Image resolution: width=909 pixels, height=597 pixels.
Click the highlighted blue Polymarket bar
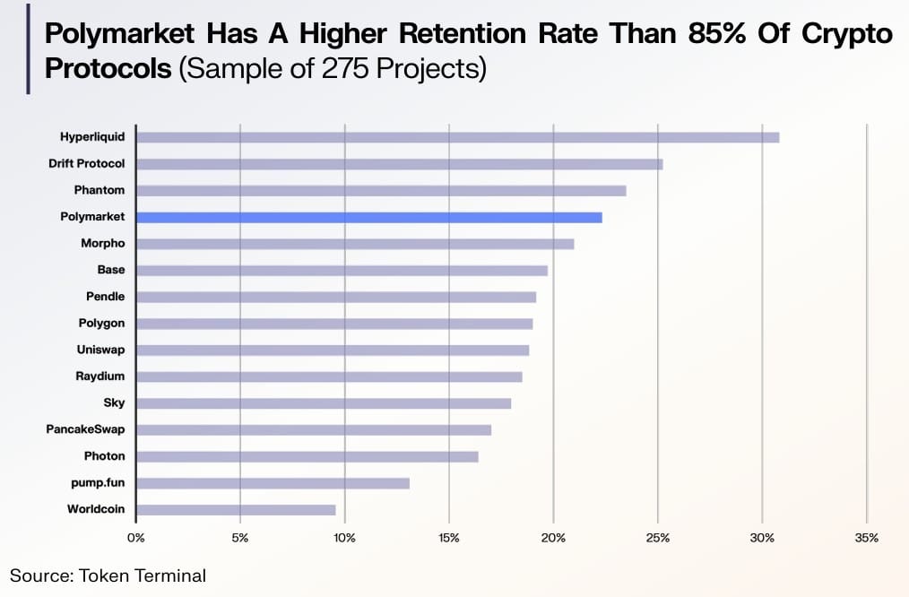click(369, 217)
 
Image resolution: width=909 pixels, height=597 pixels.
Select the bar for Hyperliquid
click(457, 137)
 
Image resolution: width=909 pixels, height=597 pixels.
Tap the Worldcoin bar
click(236, 510)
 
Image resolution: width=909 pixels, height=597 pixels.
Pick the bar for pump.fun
click(273, 483)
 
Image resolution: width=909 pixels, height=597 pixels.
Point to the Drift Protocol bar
click(399, 164)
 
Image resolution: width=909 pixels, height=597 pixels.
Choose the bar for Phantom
click(381, 190)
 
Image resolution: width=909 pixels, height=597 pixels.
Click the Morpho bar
click(355, 244)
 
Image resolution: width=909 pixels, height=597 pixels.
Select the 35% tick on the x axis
click(866, 538)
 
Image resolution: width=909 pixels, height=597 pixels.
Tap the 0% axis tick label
click(135, 538)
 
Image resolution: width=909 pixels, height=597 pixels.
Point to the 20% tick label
click(553, 538)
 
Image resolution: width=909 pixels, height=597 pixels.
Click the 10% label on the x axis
click(344, 538)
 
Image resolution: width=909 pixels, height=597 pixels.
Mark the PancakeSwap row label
click(85, 429)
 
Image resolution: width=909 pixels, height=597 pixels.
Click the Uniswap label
click(101, 350)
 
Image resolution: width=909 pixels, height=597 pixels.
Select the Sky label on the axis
click(114, 403)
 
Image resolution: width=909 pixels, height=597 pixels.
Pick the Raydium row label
click(100, 376)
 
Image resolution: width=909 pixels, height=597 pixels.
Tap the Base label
click(111, 270)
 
